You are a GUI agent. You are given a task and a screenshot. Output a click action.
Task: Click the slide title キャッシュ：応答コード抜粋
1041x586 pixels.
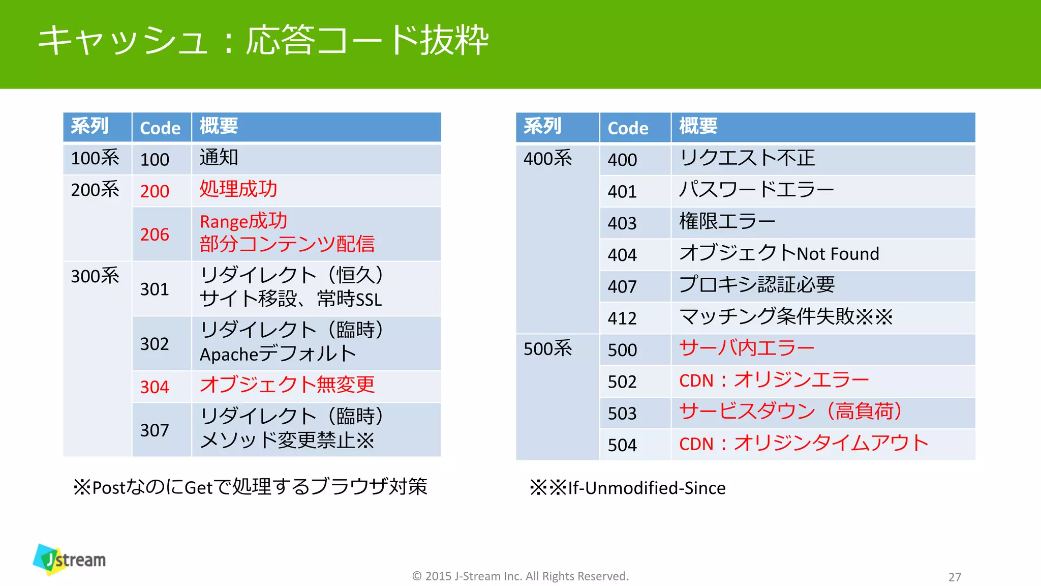pyautogui.click(x=263, y=40)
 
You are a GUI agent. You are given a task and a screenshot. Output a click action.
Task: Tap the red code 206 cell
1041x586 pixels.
pyautogui.click(x=155, y=235)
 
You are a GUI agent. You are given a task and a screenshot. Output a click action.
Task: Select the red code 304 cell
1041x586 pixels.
pyautogui.click(x=155, y=387)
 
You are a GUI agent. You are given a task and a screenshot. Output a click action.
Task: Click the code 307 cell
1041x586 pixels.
pyautogui.click(x=155, y=430)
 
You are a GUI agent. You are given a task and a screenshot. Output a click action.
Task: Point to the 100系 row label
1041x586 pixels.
pyautogui.click(x=95, y=159)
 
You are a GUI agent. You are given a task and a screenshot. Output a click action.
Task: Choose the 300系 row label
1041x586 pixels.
pyautogui.click(x=95, y=276)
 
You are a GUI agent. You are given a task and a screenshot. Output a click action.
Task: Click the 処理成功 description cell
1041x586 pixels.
pyautogui.click(x=238, y=189)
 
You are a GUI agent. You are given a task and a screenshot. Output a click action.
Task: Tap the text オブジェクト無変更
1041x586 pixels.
pyautogui.click(x=287, y=385)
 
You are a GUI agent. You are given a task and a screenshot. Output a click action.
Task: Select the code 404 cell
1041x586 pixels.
pyautogui.click(x=622, y=255)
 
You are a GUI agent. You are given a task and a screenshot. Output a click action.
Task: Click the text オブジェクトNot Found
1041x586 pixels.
pyautogui.click(x=779, y=253)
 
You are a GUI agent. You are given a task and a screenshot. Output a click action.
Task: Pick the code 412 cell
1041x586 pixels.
pyautogui.click(x=622, y=318)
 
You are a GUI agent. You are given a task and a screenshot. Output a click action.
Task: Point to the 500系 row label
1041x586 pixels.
pyautogui.click(x=548, y=349)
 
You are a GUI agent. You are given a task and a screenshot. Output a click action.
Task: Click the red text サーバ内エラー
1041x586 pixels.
pyautogui.click(x=747, y=348)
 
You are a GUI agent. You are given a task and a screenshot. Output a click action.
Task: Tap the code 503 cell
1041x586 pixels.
pyautogui.click(x=622, y=414)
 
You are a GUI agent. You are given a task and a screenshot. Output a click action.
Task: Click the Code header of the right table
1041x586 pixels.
pyautogui.click(x=628, y=128)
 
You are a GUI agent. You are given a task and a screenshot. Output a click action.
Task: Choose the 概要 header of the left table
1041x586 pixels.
pyautogui.click(x=219, y=126)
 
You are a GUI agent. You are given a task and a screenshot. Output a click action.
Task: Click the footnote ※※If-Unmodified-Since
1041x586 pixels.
pyautogui.click(x=628, y=488)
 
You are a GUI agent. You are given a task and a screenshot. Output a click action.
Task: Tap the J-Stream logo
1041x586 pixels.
pyautogui.click(x=70, y=560)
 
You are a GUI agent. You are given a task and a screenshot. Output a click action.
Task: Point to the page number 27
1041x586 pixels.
pyautogui.click(x=955, y=577)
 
